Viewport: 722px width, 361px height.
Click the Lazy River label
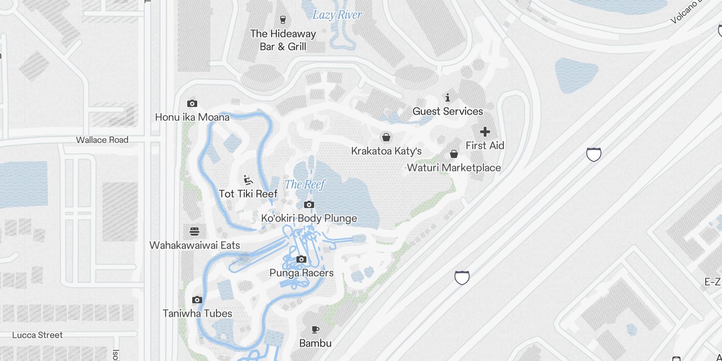click(x=337, y=15)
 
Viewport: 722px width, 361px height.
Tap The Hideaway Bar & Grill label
click(x=283, y=40)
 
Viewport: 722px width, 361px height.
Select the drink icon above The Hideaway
click(x=283, y=20)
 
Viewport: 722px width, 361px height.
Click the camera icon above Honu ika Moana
click(x=192, y=104)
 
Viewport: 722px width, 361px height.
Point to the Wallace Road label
click(x=102, y=140)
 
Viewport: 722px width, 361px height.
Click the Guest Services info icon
click(x=448, y=97)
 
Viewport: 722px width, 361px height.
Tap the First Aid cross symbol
click(x=485, y=132)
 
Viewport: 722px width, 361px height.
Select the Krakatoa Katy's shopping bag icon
click(x=386, y=137)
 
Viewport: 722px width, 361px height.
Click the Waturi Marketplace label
click(x=454, y=168)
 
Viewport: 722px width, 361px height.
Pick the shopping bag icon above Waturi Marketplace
click(x=454, y=154)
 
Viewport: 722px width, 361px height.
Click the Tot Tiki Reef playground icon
click(x=248, y=180)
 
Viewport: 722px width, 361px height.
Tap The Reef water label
click(x=305, y=184)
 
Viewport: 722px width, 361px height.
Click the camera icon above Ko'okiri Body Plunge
click(x=309, y=205)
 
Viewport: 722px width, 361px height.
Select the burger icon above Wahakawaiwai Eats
click(x=194, y=231)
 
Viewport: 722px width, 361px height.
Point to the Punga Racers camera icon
click(x=301, y=259)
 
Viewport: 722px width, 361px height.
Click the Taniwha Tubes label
click(x=197, y=313)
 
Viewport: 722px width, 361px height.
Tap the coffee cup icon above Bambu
click(x=315, y=330)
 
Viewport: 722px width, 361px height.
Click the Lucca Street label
click(x=37, y=335)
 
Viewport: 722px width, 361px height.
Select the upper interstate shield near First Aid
click(x=593, y=154)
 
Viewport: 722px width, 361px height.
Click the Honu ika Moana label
click(x=192, y=117)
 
